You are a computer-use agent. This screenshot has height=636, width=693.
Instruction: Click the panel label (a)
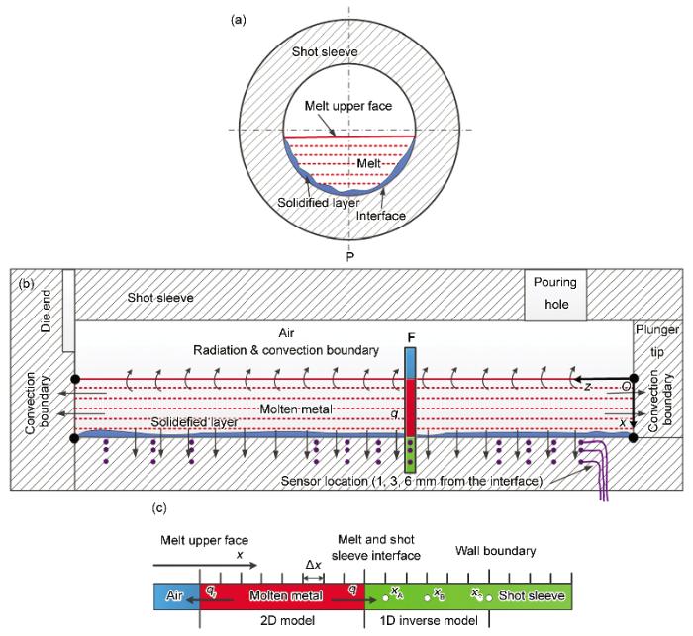[239, 21]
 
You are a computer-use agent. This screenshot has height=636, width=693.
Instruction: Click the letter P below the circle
[350, 256]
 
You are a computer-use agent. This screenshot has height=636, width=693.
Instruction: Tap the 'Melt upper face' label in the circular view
[348, 106]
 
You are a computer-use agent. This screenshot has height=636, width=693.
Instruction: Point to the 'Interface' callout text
[380, 216]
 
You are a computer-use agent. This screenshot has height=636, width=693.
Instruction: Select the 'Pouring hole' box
[555, 295]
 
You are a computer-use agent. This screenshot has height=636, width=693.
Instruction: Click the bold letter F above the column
[411, 338]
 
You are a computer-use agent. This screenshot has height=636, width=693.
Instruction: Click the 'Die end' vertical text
[46, 311]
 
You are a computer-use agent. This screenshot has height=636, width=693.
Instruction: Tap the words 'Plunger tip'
[657, 341]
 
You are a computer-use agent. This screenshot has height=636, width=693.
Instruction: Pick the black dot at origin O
[634, 378]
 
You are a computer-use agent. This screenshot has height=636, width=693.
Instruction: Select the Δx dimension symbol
[314, 565]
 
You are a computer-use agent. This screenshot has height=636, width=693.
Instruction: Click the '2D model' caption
[287, 620]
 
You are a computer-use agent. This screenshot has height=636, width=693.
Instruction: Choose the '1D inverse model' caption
[429, 620]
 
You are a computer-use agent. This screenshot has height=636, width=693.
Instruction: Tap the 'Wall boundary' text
[495, 551]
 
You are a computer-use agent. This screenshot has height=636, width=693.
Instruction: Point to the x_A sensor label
[397, 591]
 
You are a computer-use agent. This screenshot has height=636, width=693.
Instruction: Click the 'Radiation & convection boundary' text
[286, 350]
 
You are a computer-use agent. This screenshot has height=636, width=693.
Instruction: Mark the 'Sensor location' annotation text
[412, 481]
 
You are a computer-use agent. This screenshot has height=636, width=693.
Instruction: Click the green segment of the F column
[411, 454]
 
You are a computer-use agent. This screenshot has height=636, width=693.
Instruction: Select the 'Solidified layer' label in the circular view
[318, 203]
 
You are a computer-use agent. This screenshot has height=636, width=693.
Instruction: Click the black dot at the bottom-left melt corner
[74, 438]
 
